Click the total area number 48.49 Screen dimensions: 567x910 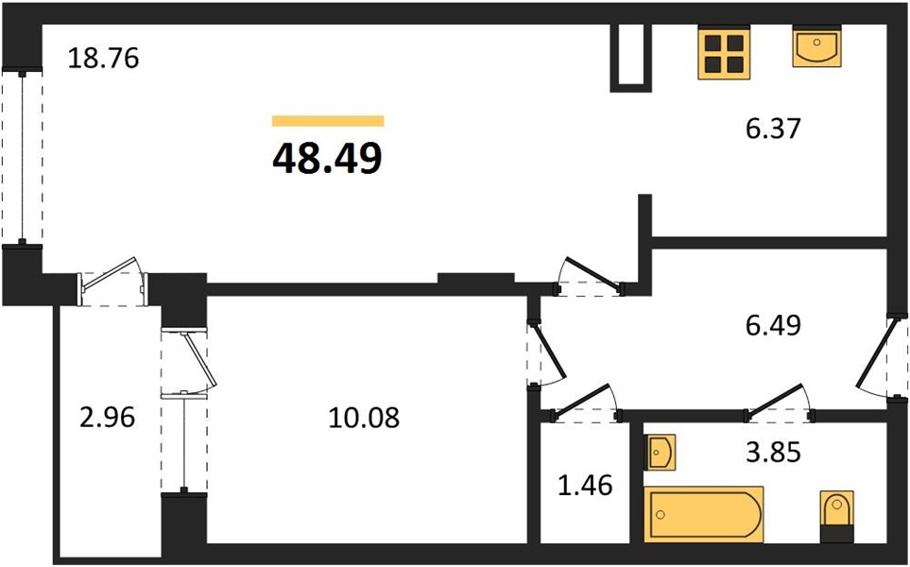(x=327, y=158)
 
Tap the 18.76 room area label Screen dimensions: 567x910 (x=104, y=59)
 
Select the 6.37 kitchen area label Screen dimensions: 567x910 (x=772, y=128)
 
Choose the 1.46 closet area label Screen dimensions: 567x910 (x=584, y=487)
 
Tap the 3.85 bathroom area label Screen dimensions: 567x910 (x=773, y=454)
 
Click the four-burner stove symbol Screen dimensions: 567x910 (x=724, y=53)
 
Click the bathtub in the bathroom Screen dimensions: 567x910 (x=703, y=514)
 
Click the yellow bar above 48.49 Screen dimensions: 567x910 (x=327, y=120)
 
